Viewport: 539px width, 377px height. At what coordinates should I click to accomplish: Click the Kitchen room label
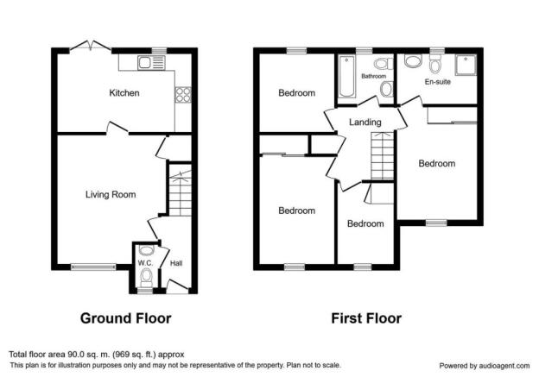124,92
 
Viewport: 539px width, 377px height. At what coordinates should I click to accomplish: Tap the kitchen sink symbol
151,63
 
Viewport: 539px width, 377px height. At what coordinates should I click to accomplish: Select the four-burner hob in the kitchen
183,94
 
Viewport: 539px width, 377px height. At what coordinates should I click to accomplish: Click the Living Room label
111,194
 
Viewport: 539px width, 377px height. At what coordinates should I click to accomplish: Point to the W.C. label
145,263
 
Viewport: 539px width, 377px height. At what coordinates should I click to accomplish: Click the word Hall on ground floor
176,263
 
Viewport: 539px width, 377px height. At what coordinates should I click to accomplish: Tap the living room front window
93,267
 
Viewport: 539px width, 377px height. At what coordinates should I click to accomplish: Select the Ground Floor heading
125,318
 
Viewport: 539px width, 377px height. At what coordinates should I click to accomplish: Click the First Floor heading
366,318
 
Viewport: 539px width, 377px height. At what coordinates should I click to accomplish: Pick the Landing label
365,122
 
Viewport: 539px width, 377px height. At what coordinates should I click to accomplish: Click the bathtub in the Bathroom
346,77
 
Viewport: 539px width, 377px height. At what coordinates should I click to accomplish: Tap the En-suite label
437,82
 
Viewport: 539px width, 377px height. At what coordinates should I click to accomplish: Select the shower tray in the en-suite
466,65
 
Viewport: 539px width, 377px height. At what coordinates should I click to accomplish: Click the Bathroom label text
374,76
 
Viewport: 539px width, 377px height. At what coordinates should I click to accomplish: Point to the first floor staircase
382,155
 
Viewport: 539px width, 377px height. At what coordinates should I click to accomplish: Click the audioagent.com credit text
485,366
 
